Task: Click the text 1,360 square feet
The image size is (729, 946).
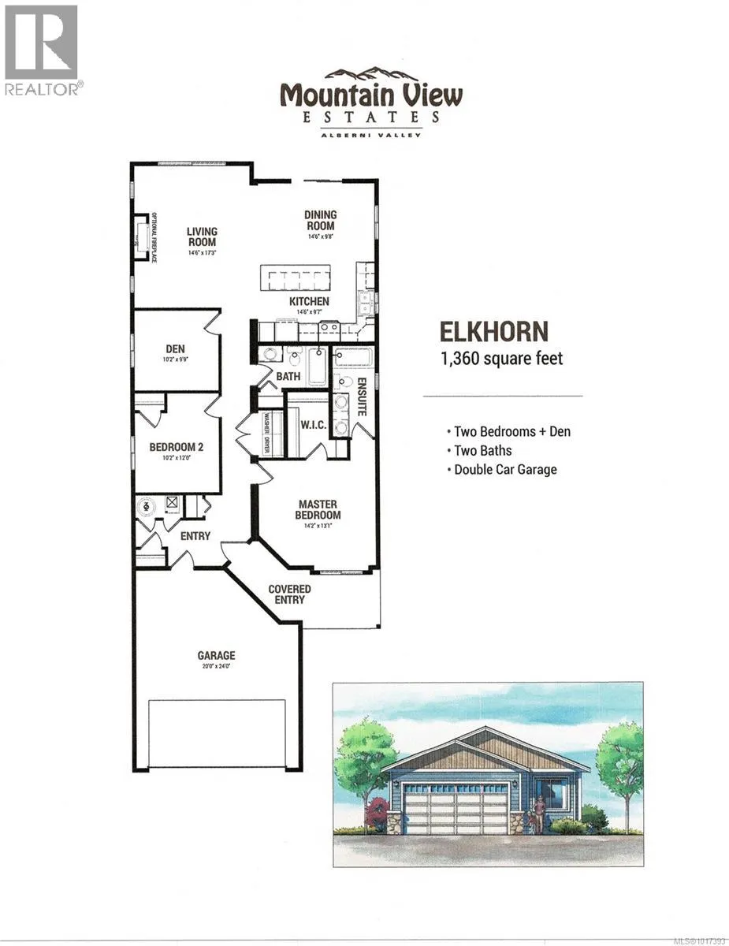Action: point(502,359)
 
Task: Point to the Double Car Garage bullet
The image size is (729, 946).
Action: point(505,470)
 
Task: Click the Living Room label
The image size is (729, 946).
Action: point(202,236)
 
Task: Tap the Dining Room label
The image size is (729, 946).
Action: point(320,220)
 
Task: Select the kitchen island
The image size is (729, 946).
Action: point(294,279)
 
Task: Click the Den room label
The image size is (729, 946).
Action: point(175,348)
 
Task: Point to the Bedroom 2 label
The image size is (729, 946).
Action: point(177,448)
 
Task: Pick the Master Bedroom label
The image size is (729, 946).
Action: point(318,509)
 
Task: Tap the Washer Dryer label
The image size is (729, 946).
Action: point(266,432)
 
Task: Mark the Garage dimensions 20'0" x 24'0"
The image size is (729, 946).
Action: point(216,666)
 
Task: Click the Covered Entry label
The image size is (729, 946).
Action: point(289,594)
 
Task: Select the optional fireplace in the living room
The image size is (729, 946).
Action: point(143,236)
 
